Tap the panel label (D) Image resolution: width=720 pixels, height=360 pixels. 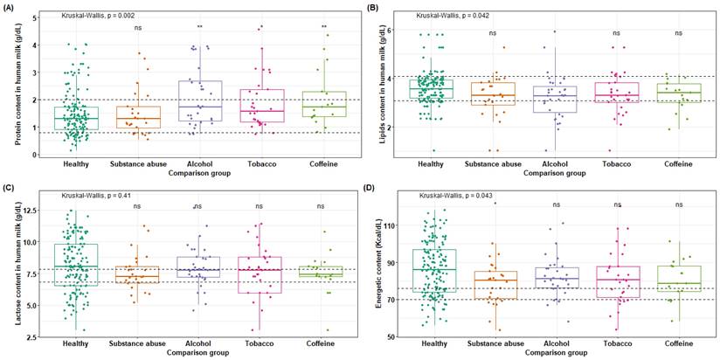click(370, 185)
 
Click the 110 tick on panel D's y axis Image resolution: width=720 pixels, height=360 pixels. click(392, 225)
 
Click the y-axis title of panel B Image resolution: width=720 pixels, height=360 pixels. click(377, 83)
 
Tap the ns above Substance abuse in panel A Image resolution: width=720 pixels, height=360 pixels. click(137, 27)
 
